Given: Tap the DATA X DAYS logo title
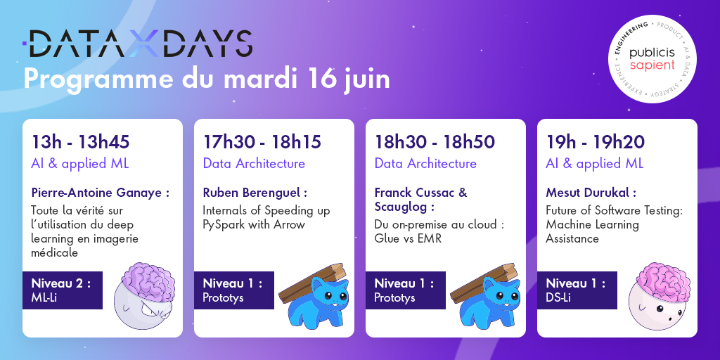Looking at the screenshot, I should tap(137, 44).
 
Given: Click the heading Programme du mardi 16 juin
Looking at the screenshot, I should tap(207, 79).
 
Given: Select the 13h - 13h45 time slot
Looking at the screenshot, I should tap(80, 142).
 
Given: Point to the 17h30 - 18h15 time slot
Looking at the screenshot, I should tap(262, 142).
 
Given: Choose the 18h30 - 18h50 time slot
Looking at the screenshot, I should tap(435, 142).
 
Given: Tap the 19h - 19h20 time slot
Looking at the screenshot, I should tap(595, 142).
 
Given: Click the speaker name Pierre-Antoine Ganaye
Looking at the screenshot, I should tap(100, 192).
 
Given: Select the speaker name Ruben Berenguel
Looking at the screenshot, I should tap(255, 192).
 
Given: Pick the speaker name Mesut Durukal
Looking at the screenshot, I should tap(591, 192).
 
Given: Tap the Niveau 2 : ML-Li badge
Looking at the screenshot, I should tap(63, 290).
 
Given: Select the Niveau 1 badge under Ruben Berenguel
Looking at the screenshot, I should tap(233, 290).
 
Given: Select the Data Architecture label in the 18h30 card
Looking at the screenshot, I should tap(425, 164).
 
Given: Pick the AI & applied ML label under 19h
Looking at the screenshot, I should tap(594, 164).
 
